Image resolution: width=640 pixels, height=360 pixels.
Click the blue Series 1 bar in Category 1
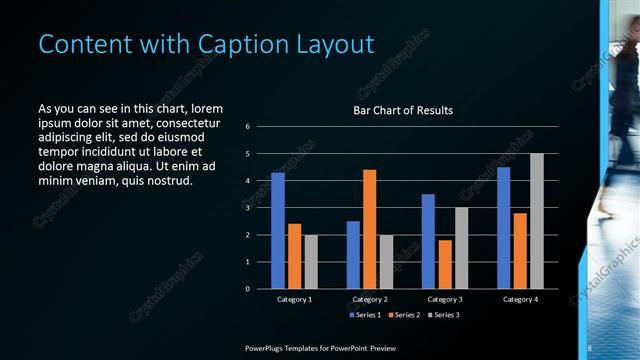(x=278, y=231)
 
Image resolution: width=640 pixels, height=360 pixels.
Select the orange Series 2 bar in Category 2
(x=369, y=229)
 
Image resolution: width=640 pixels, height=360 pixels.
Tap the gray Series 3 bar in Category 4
(x=537, y=221)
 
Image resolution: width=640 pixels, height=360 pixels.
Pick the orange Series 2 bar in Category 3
(x=444, y=264)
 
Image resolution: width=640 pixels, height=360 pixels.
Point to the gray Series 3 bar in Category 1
(x=311, y=262)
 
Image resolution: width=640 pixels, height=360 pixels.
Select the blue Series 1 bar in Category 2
(x=353, y=255)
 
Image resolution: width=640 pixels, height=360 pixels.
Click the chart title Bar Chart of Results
(x=403, y=110)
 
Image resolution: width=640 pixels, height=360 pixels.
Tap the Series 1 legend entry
(x=364, y=315)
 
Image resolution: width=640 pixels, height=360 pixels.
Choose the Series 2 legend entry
(x=403, y=315)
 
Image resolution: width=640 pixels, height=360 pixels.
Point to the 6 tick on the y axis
(x=248, y=126)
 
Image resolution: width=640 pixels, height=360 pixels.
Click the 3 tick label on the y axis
(x=248, y=208)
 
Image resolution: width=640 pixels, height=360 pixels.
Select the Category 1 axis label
(x=295, y=299)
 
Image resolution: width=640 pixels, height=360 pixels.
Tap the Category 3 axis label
(x=444, y=299)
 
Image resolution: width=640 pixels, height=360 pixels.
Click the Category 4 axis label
(x=519, y=299)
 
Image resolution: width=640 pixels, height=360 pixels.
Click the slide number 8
(x=590, y=347)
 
